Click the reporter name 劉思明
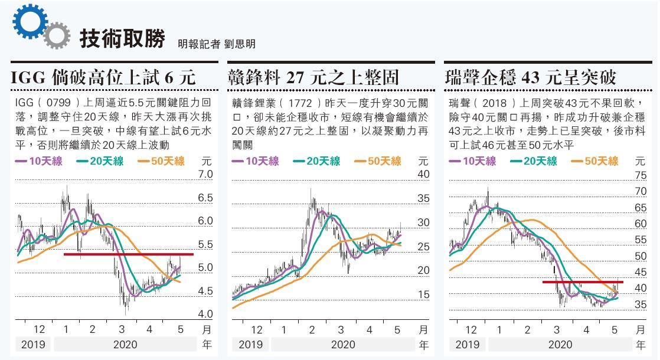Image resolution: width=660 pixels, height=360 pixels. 240,44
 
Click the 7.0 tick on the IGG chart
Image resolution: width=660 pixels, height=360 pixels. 205,174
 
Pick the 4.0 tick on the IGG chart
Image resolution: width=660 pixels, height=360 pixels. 205,314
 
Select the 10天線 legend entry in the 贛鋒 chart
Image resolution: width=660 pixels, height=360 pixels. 256,161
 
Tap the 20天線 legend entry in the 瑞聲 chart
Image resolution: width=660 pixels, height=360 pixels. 531,161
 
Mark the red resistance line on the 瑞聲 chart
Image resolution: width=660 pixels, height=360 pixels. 582,282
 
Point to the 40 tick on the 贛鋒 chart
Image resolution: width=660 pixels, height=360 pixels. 423,174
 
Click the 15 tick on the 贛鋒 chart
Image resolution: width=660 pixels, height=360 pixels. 423,294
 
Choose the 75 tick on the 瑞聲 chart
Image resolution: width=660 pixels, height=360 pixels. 640,175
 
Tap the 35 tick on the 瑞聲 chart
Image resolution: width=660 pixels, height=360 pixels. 640,305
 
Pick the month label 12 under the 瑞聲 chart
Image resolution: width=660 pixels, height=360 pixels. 471,330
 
